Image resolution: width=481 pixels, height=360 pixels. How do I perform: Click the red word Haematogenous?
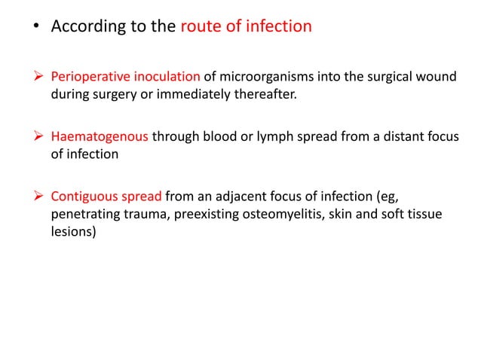(100, 138)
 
